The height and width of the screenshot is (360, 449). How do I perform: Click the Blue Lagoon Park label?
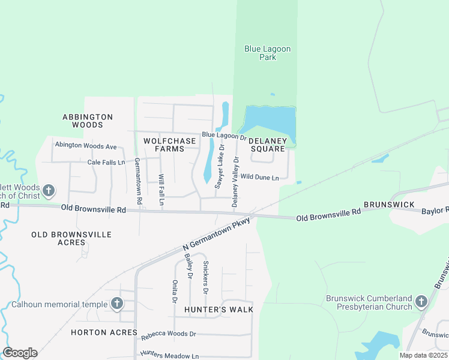point(260,53)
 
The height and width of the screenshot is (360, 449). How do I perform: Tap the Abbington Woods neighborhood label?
point(88,121)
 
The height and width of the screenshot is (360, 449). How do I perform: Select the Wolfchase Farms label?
point(170,145)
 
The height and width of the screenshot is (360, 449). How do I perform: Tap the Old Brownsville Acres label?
point(71,239)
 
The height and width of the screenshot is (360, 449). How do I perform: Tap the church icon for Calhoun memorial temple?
point(116,304)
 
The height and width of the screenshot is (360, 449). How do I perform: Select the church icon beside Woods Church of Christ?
point(49,191)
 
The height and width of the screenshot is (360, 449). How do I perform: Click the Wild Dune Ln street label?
point(259,178)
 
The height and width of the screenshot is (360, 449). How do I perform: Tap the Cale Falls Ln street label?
point(106,162)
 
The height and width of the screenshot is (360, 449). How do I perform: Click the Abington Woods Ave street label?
point(85,146)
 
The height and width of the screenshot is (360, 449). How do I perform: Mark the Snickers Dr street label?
point(205,277)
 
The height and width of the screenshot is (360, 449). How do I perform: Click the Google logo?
point(20,353)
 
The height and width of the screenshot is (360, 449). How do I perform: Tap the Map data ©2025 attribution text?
point(424,355)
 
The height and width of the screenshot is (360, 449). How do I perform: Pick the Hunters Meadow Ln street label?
point(169,355)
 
